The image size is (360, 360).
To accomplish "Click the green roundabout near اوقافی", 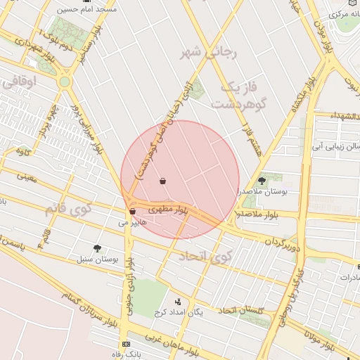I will click(65, 82).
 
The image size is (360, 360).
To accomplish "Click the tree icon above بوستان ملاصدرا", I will click(262, 181).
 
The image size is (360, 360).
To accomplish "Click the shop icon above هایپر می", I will click(132, 211).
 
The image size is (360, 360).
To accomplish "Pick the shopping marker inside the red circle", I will click(163, 181).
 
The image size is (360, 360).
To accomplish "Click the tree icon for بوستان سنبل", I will click(97, 247).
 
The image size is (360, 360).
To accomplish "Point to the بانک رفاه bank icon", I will click(126, 344).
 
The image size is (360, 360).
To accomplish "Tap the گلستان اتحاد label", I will click(242, 310).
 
